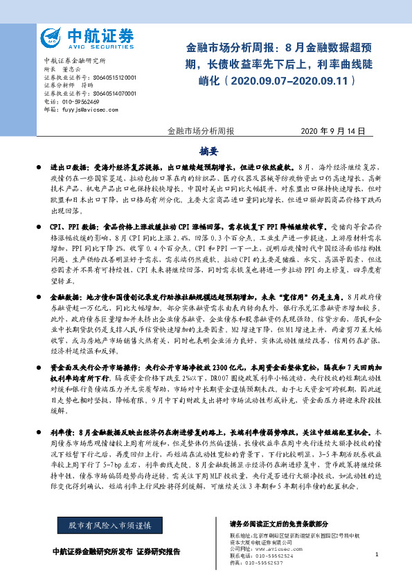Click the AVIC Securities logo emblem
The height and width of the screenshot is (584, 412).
pyautogui.click(x=51, y=36)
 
